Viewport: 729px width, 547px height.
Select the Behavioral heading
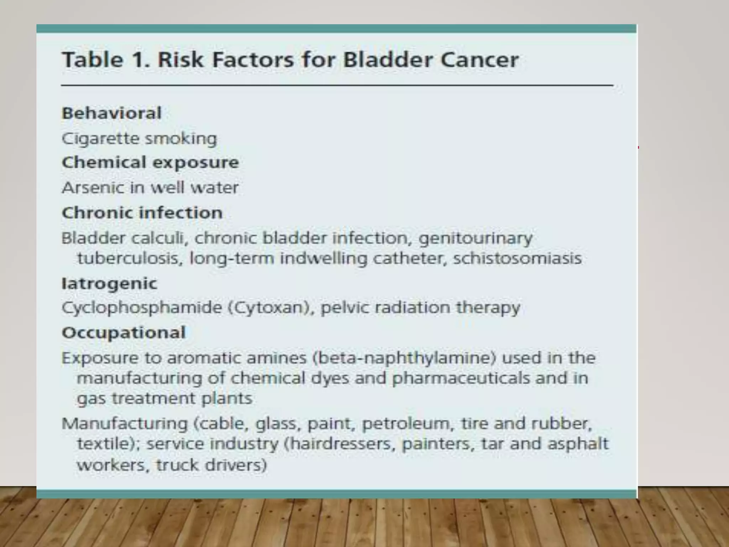112,113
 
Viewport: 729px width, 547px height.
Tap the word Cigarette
100,139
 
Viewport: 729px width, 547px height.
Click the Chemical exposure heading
150,162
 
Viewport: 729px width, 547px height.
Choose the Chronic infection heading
142,213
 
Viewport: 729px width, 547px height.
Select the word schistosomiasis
517,258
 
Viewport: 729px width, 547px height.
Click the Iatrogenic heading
109,283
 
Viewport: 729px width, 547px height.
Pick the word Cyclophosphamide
142,308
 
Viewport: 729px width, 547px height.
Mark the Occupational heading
124,333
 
